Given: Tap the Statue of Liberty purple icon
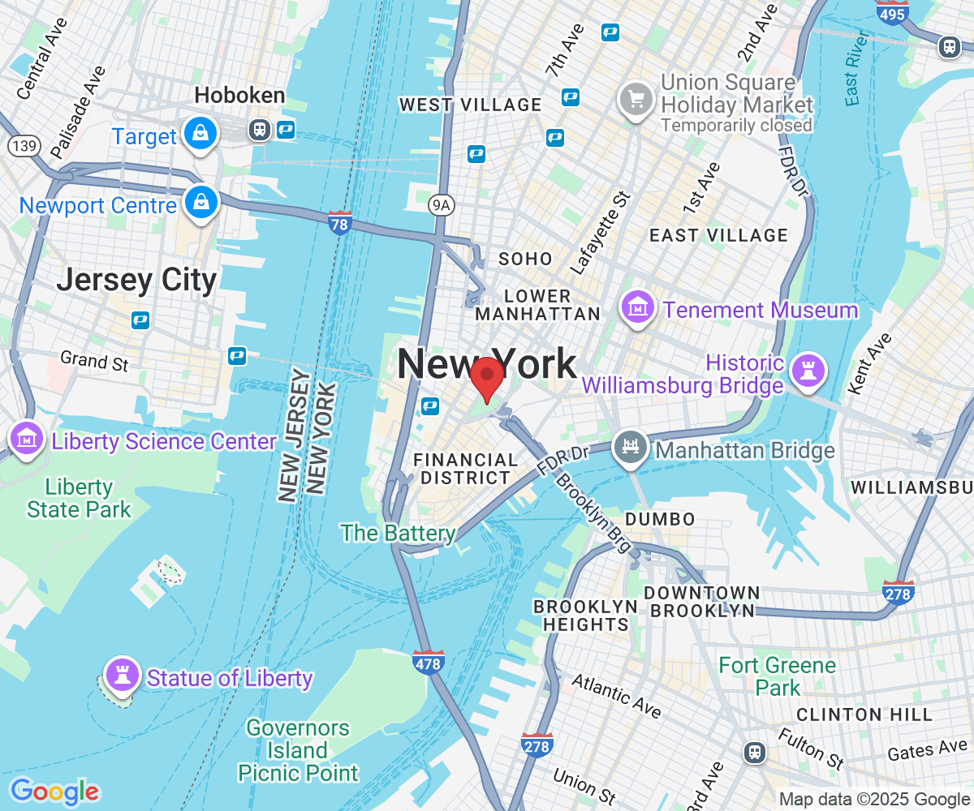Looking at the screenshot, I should tap(123, 673).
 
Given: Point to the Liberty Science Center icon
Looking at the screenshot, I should tap(27, 438).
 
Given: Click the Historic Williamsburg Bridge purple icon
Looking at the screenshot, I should tap(808, 371).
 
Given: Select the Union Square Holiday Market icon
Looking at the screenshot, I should tap(636, 100).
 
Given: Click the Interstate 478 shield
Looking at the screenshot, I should tap(428, 662).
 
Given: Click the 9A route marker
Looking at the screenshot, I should tap(441, 205).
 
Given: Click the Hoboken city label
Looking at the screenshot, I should tap(239, 96).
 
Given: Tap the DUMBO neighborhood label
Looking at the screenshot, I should tap(660, 519).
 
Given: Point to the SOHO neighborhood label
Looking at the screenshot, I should tap(525, 260).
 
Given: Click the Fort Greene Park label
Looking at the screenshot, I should tap(778, 676).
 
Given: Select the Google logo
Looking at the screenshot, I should tap(54, 791).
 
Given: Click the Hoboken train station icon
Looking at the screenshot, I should tap(260, 130).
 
